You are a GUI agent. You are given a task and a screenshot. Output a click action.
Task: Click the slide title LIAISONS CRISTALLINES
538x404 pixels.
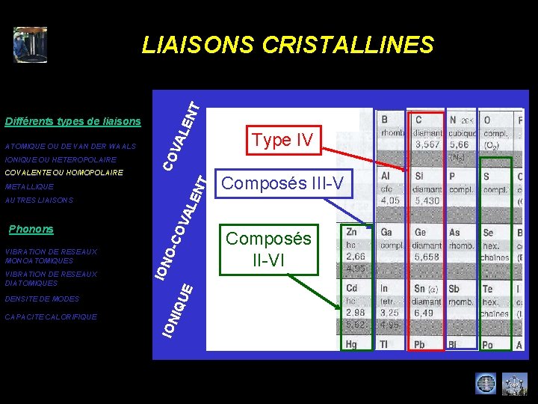click(x=288, y=46)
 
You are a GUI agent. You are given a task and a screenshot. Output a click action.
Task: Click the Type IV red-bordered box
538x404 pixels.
click(x=282, y=140)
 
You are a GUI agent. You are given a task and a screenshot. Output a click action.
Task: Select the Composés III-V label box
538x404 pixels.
click(x=282, y=183)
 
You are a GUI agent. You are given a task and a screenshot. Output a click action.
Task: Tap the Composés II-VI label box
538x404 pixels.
click(x=268, y=250)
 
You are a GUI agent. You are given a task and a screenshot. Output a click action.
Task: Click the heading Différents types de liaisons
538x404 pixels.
click(x=72, y=121)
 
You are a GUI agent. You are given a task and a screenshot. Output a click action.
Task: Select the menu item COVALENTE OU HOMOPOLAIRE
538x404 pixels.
click(x=64, y=173)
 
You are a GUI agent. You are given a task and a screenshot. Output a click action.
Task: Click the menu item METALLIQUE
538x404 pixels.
click(x=29, y=186)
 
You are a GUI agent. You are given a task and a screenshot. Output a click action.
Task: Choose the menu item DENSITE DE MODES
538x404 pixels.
click(x=42, y=299)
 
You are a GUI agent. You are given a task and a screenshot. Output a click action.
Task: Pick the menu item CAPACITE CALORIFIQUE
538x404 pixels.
click(x=50, y=316)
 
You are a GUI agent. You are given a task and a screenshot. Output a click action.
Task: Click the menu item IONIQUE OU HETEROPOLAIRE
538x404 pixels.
click(x=61, y=159)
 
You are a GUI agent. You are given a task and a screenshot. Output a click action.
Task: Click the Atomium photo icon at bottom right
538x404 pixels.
click(x=515, y=384)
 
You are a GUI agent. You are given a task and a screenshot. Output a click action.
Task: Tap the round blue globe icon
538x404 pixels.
click(x=486, y=384)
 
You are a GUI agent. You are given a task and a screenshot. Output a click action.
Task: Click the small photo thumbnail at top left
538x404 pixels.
click(x=30, y=45)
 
